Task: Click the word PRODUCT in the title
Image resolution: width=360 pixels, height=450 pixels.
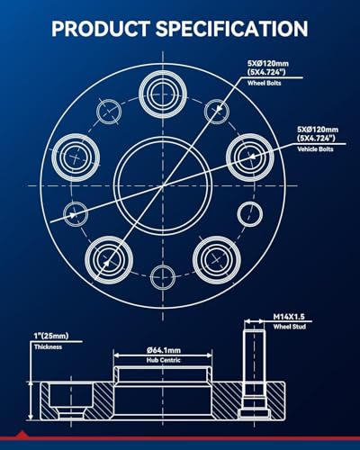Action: click(x=101, y=29)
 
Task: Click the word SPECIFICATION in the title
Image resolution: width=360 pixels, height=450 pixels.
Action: click(x=231, y=29)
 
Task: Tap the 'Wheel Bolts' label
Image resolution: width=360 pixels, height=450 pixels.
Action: click(x=265, y=83)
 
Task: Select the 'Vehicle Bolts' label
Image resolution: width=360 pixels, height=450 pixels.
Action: click(x=315, y=149)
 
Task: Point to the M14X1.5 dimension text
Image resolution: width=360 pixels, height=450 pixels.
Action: click(x=289, y=317)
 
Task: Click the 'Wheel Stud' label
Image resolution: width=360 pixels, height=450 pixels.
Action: click(x=290, y=327)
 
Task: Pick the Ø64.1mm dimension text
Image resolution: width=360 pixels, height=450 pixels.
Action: click(x=164, y=350)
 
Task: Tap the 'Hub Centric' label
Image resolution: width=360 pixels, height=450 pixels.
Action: click(x=164, y=360)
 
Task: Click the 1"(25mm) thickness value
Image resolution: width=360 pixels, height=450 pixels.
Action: click(x=51, y=336)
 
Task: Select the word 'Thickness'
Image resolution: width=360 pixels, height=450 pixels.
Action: click(x=48, y=347)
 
